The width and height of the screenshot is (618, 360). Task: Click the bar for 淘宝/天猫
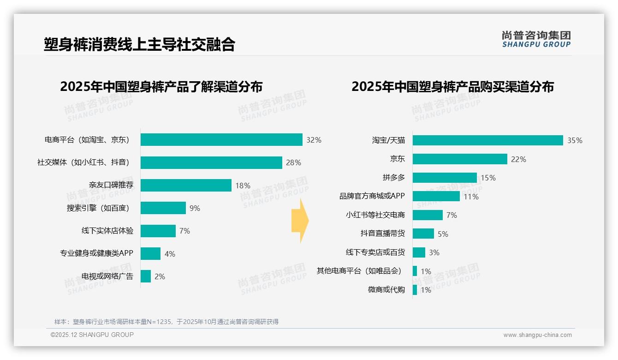click(x=487, y=140)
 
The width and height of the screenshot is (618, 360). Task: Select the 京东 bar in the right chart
click(x=460, y=159)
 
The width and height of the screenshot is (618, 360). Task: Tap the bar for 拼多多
click(x=445, y=178)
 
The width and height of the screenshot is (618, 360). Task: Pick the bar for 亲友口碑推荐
click(x=186, y=186)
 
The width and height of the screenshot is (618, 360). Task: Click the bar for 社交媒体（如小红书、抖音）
click(x=211, y=162)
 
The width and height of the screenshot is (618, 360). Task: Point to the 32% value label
click(x=314, y=140)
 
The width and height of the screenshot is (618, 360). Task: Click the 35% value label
click(x=575, y=141)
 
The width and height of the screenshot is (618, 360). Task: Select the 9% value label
click(x=195, y=208)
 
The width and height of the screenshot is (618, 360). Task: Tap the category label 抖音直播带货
click(x=382, y=234)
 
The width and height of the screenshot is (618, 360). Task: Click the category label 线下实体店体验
click(x=107, y=231)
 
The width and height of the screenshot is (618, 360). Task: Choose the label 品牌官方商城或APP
click(x=372, y=196)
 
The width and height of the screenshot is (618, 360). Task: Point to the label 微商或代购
click(x=386, y=290)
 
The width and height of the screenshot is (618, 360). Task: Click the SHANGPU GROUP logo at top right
click(x=536, y=39)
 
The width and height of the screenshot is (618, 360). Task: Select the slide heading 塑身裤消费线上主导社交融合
click(x=139, y=44)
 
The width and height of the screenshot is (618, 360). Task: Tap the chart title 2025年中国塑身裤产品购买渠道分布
click(x=452, y=87)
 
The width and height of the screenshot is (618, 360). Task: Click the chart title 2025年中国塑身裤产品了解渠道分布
click(x=161, y=87)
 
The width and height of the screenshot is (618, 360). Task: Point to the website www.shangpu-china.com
click(x=537, y=335)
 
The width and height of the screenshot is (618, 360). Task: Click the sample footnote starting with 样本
click(x=166, y=322)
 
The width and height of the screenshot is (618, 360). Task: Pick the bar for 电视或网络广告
click(x=146, y=276)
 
